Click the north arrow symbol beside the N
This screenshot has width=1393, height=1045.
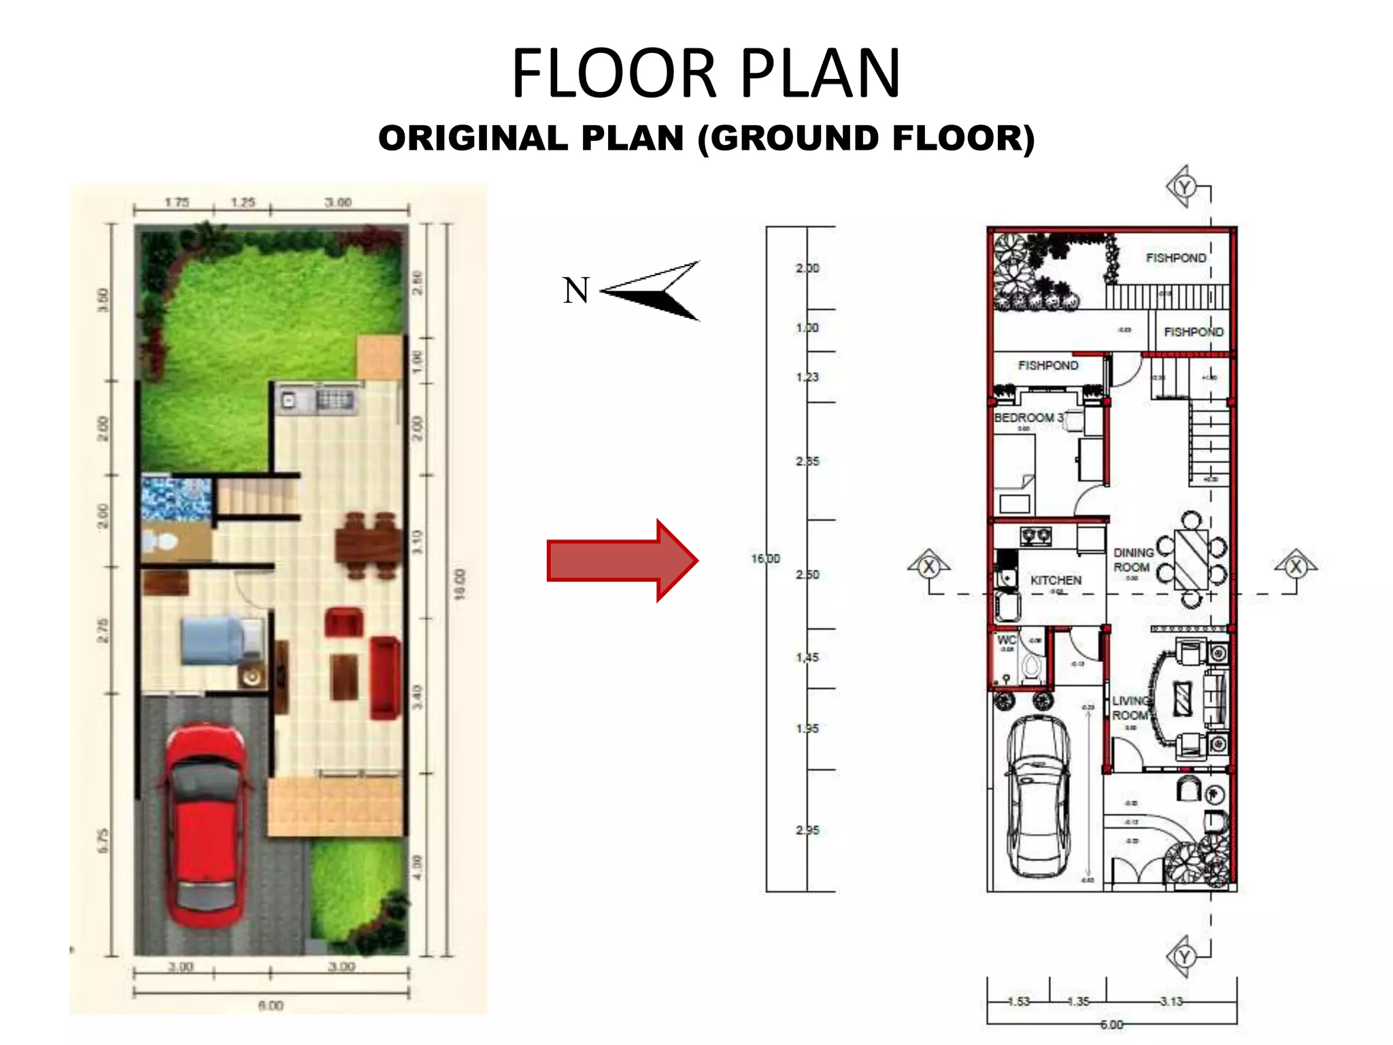[653, 291]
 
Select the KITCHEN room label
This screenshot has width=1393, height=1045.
[1055, 580]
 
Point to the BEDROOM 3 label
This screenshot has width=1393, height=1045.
[1028, 417]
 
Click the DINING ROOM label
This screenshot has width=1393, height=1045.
[1132, 560]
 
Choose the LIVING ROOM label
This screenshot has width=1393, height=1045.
[1130, 708]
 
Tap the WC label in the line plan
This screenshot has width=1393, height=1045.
[1006, 640]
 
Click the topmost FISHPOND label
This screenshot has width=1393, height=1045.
[1175, 258]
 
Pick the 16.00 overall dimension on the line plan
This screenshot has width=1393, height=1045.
[765, 559]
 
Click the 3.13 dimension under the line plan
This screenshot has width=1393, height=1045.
[1171, 1001]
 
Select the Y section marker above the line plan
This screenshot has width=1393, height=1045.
[1184, 186]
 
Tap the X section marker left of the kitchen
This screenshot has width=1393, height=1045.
[928, 567]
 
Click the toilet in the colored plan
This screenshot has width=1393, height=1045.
[161, 542]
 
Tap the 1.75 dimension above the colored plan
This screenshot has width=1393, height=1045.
[177, 202]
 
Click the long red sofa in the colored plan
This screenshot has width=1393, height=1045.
[384, 677]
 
